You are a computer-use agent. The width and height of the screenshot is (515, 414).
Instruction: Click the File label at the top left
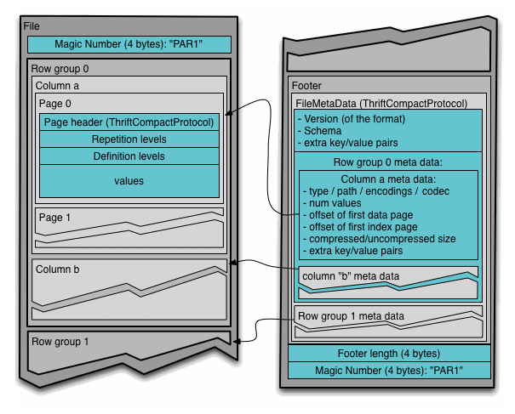tap(33, 26)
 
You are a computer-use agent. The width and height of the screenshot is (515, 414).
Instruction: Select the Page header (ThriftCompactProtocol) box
tap(129, 122)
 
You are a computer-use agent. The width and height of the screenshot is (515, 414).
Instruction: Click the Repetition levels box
tap(129, 139)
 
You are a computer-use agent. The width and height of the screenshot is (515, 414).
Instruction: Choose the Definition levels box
tap(129, 156)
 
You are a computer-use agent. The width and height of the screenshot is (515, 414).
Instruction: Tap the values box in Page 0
tap(129, 181)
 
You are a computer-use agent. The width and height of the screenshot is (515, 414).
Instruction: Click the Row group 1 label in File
tap(60, 342)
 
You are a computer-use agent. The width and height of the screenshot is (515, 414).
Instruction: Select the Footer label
tap(306, 86)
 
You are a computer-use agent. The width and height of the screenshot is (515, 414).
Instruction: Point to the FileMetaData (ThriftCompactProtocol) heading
tap(381, 103)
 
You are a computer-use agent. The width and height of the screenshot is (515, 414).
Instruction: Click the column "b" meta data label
tap(351, 276)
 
